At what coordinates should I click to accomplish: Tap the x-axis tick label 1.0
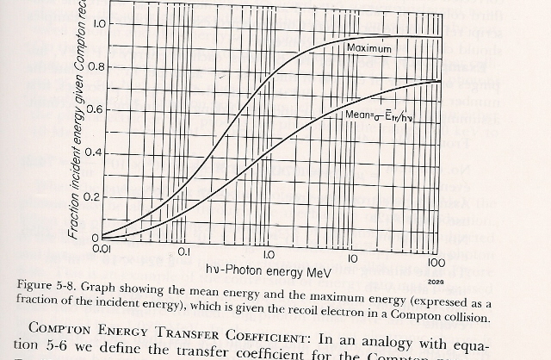tap(268, 255)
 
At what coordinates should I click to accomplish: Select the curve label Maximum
tap(368, 49)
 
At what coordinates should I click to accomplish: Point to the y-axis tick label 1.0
tap(98, 24)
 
